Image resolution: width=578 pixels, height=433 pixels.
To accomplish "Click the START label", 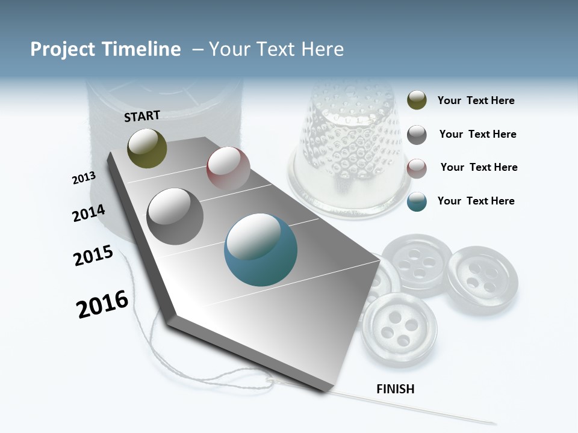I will [142, 115].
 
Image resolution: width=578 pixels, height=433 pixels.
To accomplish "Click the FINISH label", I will [395, 389].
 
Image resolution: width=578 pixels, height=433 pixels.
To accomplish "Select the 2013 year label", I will [84, 178].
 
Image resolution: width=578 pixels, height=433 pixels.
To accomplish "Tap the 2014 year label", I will [89, 213].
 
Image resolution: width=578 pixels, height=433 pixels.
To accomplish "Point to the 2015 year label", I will [93, 256].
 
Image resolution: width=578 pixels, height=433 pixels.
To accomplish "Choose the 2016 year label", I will [102, 304].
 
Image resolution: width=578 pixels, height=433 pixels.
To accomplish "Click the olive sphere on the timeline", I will [147, 148].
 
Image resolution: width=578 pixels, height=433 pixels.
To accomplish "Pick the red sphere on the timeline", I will [228, 168].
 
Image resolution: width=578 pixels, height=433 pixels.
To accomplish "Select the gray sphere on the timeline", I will [175, 216].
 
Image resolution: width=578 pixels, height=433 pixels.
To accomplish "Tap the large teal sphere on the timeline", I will [261, 250].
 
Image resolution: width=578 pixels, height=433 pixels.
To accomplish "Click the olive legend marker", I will [417, 100].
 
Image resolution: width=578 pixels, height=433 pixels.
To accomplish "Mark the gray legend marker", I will [417, 135].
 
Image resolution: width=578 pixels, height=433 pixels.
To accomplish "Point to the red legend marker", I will [417, 168].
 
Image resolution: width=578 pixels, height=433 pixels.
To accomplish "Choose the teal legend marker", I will [417, 201].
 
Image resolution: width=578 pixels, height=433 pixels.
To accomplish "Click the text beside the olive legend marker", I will [476, 100].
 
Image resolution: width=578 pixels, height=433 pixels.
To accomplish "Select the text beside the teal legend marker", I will [476, 201].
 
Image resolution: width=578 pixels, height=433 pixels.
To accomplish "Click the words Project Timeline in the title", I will [105, 49].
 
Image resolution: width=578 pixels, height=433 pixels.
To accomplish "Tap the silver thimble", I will [348, 150].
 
